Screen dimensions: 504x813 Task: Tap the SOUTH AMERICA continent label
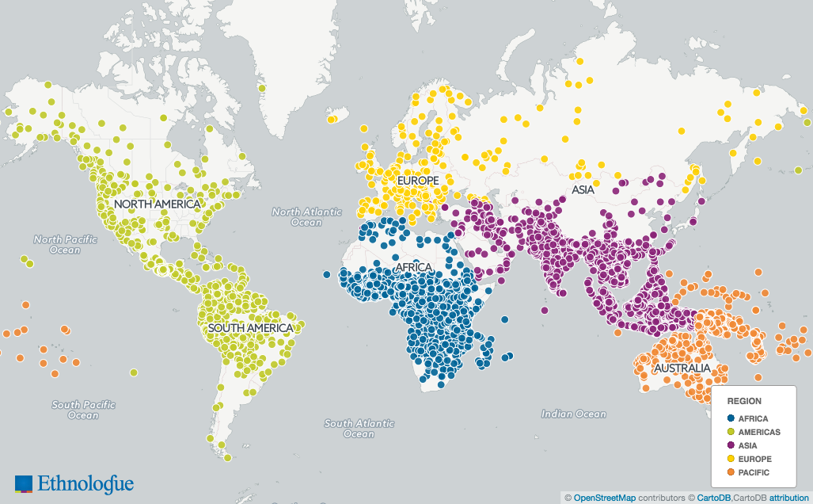pos(249,327)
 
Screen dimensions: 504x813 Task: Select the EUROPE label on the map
pos(418,181)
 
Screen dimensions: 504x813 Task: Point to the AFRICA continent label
pos(412,267)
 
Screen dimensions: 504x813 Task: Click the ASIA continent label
pos(583,190)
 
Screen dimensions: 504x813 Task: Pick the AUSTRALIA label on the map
pos(682,369)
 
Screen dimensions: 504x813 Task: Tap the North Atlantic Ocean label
pos(306,217)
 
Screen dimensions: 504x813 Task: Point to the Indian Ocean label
pos(574,414)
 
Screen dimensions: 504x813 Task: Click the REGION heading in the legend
pos(744,401)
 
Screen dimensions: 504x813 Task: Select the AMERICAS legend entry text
pos(759,432)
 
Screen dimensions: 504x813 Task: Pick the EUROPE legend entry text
pos(754,459)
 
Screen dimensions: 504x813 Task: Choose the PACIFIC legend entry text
pos(754,472)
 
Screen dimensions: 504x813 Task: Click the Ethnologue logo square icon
pos(25,483)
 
